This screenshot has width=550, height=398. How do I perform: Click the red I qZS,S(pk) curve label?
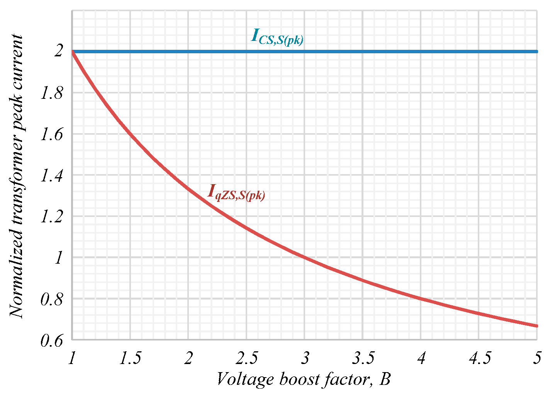pyautogui.click(x=236, y=192)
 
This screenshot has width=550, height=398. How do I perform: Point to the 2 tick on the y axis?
pyautogui.click(x=58, y=52)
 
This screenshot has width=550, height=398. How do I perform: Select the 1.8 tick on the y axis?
pyautogui.click(x=52, y=93)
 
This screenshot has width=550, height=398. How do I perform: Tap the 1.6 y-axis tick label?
pyautogui.click(x=52, y=134)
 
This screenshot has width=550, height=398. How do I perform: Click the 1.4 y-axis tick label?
pyautogui.click(x=52, y=176)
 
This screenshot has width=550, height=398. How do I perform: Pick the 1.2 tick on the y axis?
pyautogui.click(x=52, y=217)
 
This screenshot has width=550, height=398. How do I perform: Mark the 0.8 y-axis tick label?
pyautogui.click(x=52, y=299)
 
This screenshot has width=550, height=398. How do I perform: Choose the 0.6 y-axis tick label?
pyautogui.click(x=52, y=340)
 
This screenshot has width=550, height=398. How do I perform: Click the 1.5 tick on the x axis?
pyautogui.click(x=130, y=358)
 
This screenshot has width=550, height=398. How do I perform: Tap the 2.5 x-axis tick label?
pyautogui.click(x=246, y=358)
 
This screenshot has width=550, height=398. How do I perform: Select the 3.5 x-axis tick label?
pyautogui.click(x=363, y=358)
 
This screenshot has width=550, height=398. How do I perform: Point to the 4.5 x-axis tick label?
pyautogui.click(x=479, y=358)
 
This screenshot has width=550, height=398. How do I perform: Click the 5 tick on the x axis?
pyautogui.click(x=537, y=358)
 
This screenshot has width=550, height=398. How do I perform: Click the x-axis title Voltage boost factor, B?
pyautogui.click(x=304, y=379)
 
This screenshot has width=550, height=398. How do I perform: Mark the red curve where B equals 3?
pyautogui.click(x=304, y=257)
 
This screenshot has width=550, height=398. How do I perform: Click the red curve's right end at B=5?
pyautogui.click(x=536, y=326)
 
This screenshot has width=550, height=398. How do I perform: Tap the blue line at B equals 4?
pyautogui.click(x=421, y=51)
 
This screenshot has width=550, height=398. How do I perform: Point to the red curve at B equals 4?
pyautogui.click(x=421, y=298)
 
